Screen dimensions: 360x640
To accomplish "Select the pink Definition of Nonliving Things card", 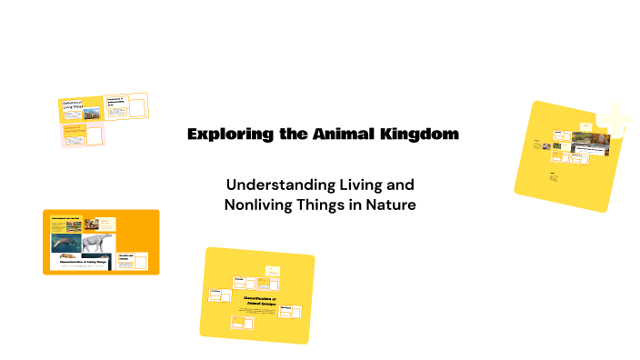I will pos(83,134).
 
